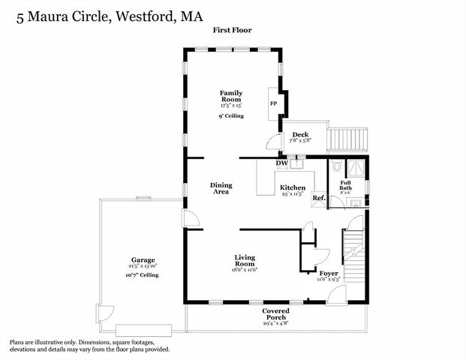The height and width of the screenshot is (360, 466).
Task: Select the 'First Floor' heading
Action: pyautogui.click(x=232, y=31)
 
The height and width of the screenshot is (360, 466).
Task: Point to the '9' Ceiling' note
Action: pyautogui.click(x=231, y=116)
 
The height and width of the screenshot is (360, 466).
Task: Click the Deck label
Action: pyautogui.click(x=300, y=135)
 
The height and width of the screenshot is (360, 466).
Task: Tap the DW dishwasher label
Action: pyautogui.click(x=282, y=163)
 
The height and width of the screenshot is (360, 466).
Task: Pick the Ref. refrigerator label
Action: pyautogui.click(x=318, y=199)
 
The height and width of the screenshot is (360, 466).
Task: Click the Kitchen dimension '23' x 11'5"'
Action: pyautogui.click(x=292, y=194)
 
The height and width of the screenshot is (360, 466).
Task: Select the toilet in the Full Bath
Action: pyautogui.click(x=337, y=167)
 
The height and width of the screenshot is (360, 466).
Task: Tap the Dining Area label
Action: pyautogui.click(x=220, y=188)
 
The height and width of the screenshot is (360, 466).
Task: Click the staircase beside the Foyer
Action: pyautogui.click(x=353, y=259)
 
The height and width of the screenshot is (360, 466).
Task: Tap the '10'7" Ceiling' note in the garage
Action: pyautogui.click(x=142, y=275)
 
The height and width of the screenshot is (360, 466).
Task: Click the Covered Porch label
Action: pyautogui.click(x=276, y=313)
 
